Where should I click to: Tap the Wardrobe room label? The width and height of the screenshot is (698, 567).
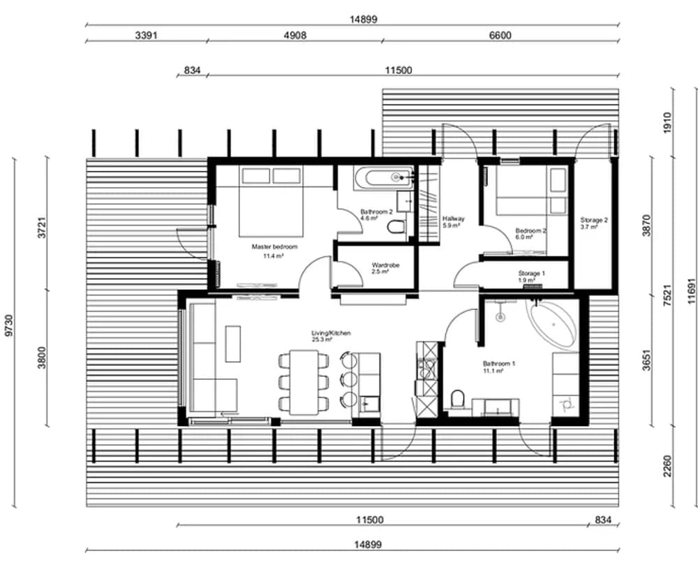(385, 265)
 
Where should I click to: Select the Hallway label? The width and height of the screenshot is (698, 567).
(454, 219)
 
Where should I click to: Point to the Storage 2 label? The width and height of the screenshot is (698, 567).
(594, 220)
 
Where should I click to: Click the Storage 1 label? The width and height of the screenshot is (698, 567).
(531, 274)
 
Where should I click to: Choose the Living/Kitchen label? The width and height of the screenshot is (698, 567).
(331, 333)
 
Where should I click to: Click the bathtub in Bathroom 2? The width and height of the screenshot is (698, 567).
(384, 178)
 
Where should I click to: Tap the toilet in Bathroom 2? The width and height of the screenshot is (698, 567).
(395, 227)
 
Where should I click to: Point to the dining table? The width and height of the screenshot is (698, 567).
(304, 382)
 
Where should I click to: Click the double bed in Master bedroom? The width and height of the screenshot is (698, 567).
(271, 201)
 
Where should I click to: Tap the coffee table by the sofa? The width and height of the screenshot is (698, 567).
(233, 344)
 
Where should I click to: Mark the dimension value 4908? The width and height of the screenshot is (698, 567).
(295, 35)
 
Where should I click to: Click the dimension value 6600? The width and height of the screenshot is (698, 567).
(500, 35)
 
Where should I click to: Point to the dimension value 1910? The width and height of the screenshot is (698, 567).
(667, 122)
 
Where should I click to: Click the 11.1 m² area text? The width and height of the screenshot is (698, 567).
(493, 371)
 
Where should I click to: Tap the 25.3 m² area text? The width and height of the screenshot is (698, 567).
(322, 339)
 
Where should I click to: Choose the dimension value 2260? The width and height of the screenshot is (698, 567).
(667, 466)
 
